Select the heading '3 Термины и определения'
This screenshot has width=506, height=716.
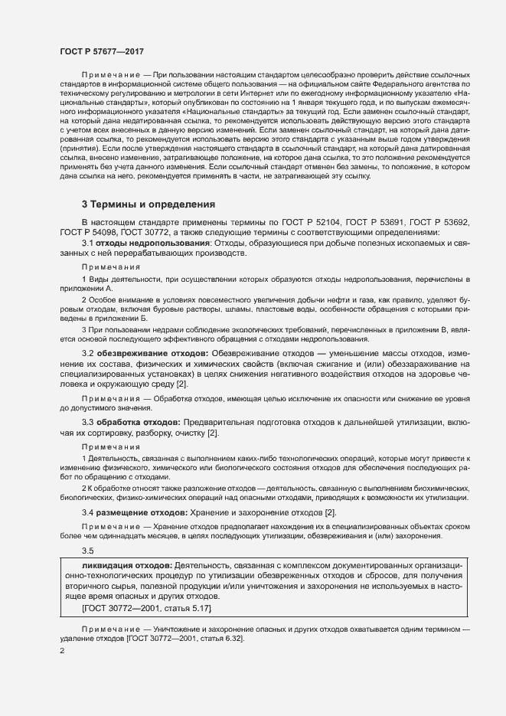tap(149, 204)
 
